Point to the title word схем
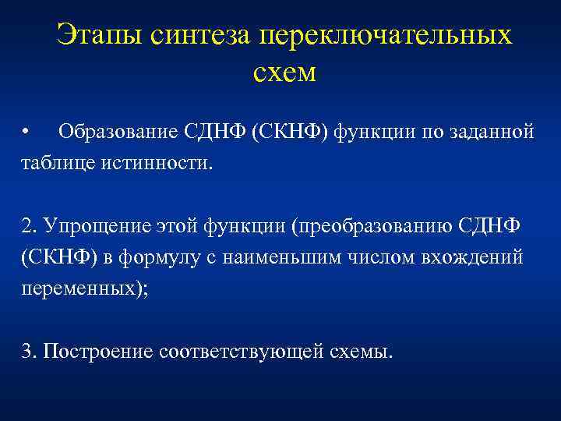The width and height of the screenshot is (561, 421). [x=284, y=73]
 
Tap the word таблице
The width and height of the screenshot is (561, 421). [x=55, y=165]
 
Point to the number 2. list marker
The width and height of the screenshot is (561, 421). [x=30, y=225]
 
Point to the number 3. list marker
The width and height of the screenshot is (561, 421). [x=30, y=351]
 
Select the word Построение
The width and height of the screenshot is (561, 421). [x=97, y=351]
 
